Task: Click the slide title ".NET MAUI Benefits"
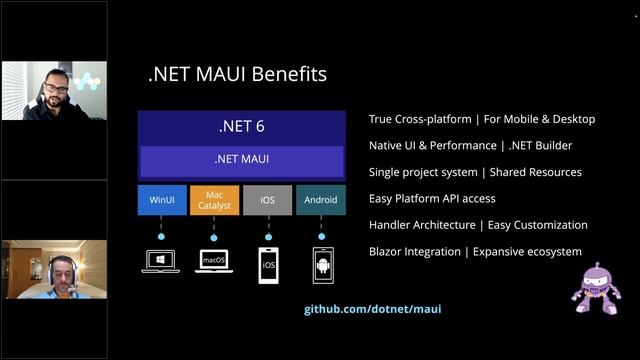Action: pyautogui.click(x=236, y=74)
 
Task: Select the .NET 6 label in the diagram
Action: pyautogui.click(x=241, y=127)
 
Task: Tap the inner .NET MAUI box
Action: pyautogui.click(x=241, y=159)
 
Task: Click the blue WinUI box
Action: pyautogui.click(x=161, y=200)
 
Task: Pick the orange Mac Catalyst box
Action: pyautogui.click(x=214, y=200)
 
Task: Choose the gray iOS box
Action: pyautogui.click(x=267, y=200)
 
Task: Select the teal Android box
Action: pyautogui.click(x=321, y=200)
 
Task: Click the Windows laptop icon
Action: pyautogui.click(x=161, y=263)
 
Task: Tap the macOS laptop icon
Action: pyautogui.click(x=214, y=263)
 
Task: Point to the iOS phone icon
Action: pyautogui.click(x=268, y=266)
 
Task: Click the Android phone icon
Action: pyautogui.click(x=322, y=266)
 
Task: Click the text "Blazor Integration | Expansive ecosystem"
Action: pyautogui.click(x=475, y=252)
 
